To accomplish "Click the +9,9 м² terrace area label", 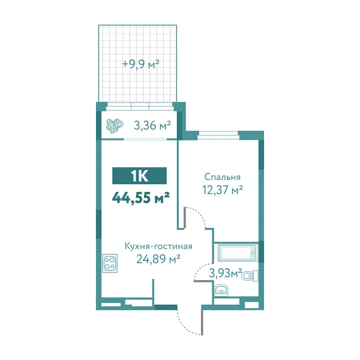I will click(x=140, y=63).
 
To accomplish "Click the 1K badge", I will click(x=140, y=176).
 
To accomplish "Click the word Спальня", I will click(x=223, y=177).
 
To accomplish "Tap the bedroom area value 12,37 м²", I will click(x=223, y=190).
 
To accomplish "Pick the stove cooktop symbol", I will click(x=110, y=262).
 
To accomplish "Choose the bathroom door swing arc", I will click(x=200, y=271).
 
